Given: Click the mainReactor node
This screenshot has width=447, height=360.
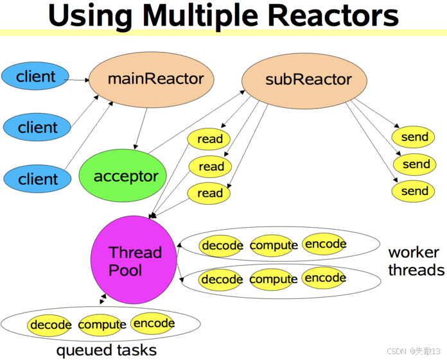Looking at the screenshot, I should point(155,80).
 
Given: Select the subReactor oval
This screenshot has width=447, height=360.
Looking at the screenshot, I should point(304,80).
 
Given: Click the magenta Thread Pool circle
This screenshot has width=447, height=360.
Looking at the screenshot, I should point(134,261).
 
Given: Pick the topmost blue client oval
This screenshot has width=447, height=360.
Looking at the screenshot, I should point(37,77).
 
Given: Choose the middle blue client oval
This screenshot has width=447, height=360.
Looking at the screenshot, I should point(38,127).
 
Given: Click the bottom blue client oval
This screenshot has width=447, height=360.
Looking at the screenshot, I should point(38,178).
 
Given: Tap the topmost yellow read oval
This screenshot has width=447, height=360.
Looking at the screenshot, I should point(209,139).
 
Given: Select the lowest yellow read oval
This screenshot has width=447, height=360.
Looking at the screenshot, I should point(209,193).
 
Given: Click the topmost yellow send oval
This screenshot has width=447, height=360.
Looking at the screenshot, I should point(414,137).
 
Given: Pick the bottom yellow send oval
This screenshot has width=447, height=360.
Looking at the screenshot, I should point(414,191).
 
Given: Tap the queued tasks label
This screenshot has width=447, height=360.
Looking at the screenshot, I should point(107,350).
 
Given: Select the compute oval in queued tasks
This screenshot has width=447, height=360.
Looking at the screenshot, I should point(101,325).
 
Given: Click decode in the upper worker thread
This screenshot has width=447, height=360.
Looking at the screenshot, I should point(222,245).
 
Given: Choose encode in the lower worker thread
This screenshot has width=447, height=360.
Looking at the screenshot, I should point(325,278).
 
